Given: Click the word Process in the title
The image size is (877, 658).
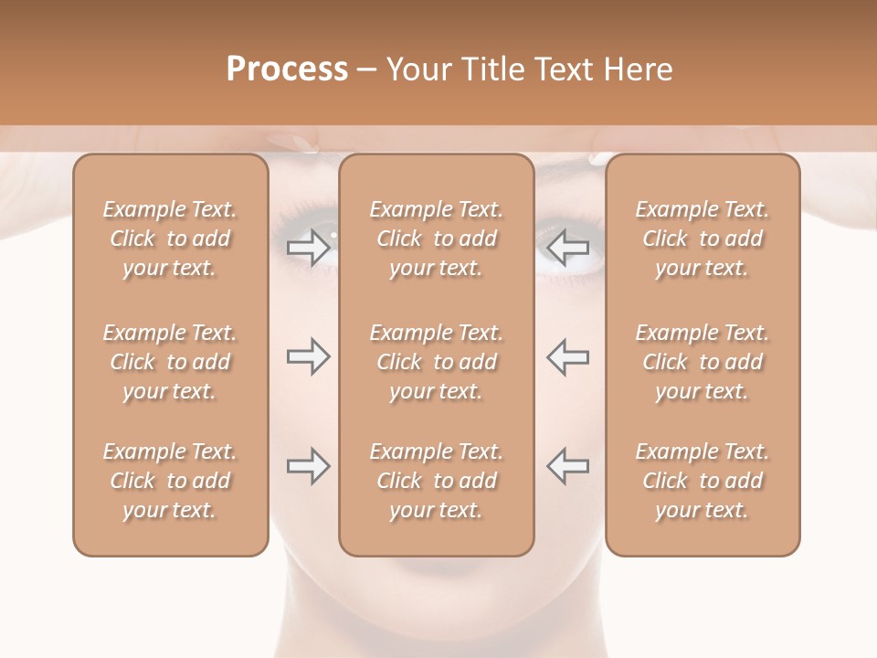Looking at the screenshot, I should click(x=287, y=69).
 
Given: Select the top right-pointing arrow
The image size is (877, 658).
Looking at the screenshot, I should click(x=308, y=248).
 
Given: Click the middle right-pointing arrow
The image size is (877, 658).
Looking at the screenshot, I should click(x=308, y=357).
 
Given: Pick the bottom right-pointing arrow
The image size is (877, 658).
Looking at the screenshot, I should click(x=308, y=466).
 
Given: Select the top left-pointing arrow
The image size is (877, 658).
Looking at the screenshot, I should click(x=568, y=248).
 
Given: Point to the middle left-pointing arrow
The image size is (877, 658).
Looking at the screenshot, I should click(x=568, y=357).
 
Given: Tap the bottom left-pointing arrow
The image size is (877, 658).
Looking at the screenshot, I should click(x=568, y=466).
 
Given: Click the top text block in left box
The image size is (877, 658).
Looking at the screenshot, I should click(x=170, y=239).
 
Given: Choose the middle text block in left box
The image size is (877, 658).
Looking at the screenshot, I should click(x=170, y=362).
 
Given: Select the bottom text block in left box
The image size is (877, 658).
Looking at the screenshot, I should click(x=170, y=481).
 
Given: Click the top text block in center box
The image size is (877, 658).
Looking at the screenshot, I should click(x=437, y=239).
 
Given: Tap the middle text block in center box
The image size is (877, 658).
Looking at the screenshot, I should click(x=437, y=362).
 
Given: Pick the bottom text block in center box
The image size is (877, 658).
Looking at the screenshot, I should click(x=437, y=481).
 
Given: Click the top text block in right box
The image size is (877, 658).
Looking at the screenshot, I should click(x=703, y=239).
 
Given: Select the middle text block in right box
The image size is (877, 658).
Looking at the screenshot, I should click(x=703, y=362).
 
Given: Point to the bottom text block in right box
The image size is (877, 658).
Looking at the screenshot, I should click(x=703, y=481).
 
